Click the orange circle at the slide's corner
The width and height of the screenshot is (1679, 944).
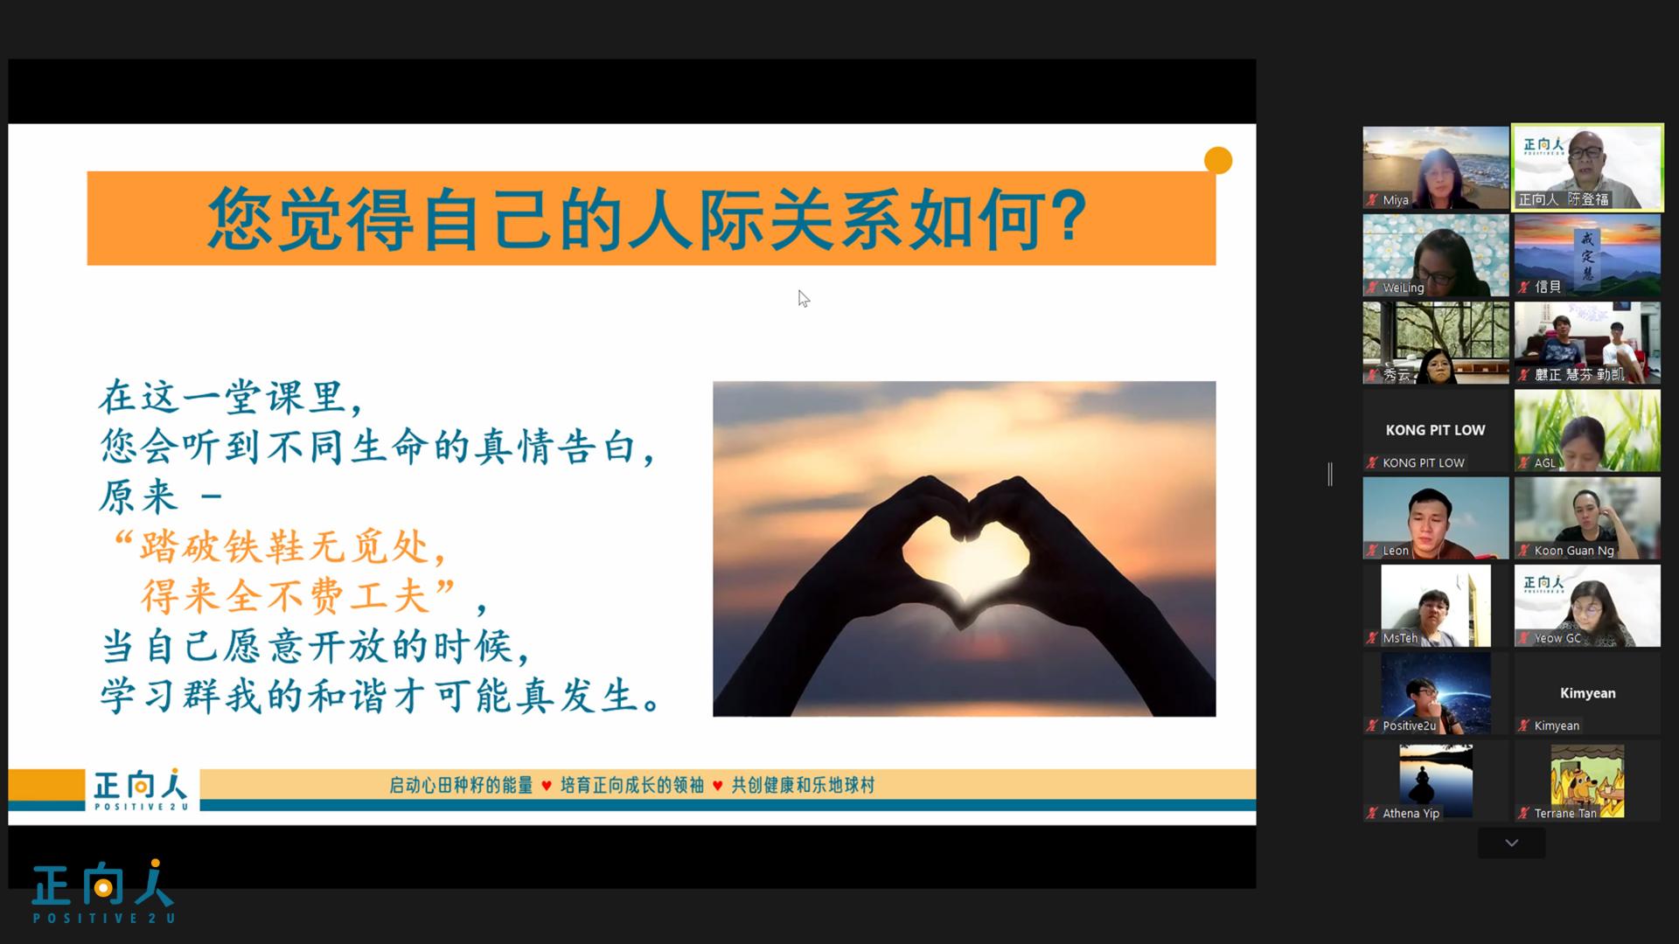click(x=1217, y=161)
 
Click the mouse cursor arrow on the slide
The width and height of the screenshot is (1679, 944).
click(x=804, y=299)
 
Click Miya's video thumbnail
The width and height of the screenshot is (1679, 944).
click(x=1435, y=168)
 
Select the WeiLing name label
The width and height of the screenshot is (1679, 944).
click(x=1403, y=288)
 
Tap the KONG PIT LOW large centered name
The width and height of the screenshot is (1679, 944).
click(x=1435, y=430)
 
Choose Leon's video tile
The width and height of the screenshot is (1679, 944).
click(x=1435, y=518)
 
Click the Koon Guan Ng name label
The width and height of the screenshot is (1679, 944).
click(x=1574, y=551)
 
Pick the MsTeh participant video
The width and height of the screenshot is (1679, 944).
click(x=1435, y=606)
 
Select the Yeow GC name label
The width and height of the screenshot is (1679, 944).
click(x=1557, y=638)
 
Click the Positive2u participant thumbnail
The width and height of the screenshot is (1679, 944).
click(x=1435, y=693)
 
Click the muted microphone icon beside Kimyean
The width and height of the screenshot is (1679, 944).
click(x=1524, y=725)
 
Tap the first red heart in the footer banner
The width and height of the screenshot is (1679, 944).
click(x=547, y=786)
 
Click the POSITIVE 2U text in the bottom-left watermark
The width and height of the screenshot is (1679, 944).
click(x=104, y=918)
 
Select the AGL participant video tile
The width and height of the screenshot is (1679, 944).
click(x=1587, y=431)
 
